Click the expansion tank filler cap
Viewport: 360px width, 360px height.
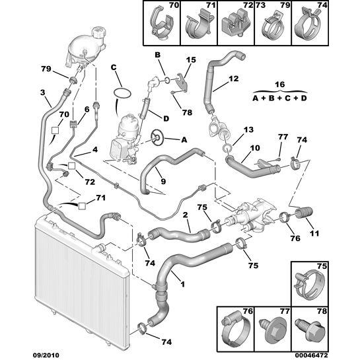99,32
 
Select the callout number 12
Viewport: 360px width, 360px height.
234,79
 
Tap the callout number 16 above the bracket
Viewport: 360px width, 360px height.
279,85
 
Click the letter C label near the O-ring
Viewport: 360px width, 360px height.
114,67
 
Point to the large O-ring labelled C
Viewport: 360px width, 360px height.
123,94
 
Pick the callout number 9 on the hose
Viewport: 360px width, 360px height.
163,182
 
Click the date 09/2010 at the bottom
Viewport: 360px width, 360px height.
46,355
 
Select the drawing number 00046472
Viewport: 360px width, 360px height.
311,355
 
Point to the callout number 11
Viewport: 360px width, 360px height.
314,233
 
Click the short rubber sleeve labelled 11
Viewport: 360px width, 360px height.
303,213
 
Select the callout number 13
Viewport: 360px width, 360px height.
248,129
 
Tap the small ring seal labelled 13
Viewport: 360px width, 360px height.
227,148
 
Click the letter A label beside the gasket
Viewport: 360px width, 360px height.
184,139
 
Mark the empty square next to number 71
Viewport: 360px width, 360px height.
82,206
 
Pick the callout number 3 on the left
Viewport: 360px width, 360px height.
43,92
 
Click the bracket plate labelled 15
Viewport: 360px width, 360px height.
183,82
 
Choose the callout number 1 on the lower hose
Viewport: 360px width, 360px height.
182,285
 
